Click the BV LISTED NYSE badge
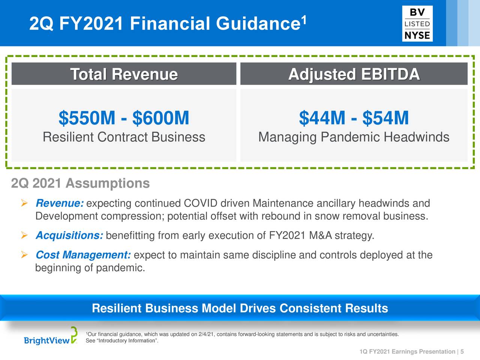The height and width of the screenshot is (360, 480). coord(417,24)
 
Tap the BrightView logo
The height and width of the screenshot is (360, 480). coord(51,336)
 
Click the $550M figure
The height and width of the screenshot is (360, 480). coord(87,118)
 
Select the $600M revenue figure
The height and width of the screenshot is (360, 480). coord(161,118)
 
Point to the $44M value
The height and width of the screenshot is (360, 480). coord(322,118)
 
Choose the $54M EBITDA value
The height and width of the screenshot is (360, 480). coord(385,118)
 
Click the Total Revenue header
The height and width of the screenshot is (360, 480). coord(124,74)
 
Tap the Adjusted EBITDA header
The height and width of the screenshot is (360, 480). coord(354,75)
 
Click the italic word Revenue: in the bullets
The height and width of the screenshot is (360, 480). coord(60,203)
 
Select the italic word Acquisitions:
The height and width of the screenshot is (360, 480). coord(69,235)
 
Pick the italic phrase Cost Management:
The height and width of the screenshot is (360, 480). coord(83,255)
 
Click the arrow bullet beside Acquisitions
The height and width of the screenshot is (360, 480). coord(24,235)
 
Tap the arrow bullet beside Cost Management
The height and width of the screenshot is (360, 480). coord(24,255)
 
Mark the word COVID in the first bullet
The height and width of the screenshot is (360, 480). coord(201,203)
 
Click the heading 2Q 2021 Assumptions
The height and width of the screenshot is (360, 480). coord(81,183)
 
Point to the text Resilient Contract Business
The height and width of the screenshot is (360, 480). coord(124,137)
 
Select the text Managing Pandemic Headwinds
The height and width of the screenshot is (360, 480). coord(354,137)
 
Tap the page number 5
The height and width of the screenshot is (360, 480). coord(462,351)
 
